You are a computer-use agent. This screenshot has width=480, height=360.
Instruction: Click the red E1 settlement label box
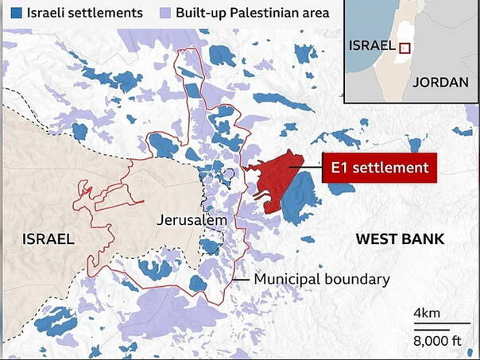(379, 168)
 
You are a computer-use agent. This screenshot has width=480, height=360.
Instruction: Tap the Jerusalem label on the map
(192, 219)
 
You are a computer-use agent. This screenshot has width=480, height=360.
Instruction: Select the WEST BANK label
(400, 239)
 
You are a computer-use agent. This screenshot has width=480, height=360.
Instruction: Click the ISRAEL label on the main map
(48, 239)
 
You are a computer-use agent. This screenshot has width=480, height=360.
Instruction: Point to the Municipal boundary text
(321, 280)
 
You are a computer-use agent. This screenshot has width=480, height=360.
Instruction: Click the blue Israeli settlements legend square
(13, 14)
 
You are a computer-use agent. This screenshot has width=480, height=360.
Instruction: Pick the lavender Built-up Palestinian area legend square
(165, 14)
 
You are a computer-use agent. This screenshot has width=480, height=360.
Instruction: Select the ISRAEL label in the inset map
(372, 45)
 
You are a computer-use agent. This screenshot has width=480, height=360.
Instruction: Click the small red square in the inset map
(405, 48)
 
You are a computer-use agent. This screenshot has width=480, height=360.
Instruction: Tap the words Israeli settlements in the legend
(83, 14)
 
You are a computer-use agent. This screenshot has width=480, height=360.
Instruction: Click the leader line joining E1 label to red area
(306, 167)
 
